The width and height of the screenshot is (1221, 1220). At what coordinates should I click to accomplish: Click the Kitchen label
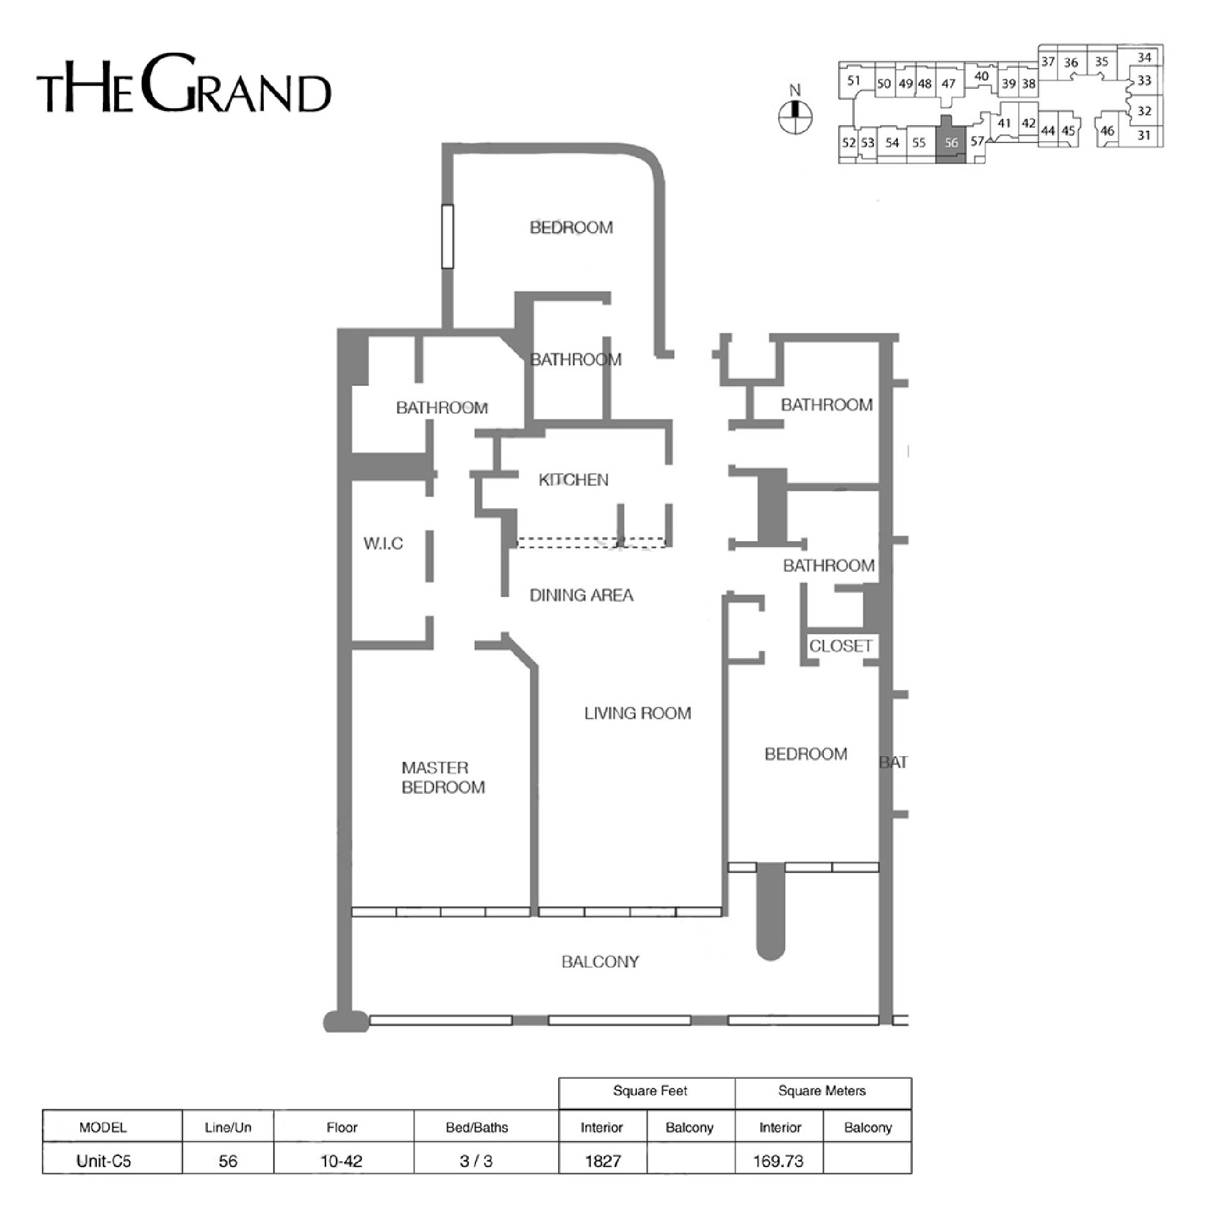[x=573, y=480]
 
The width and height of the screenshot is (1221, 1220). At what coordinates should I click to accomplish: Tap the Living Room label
[x=637, y=713]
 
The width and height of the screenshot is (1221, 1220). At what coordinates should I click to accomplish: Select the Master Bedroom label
[x=443, y=777]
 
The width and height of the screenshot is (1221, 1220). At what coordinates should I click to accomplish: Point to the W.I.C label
[x=383, y=543]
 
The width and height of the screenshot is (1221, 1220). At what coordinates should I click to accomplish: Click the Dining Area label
[x=581, y=595]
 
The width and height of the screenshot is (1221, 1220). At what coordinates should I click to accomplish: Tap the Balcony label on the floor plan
[x=600, y=962]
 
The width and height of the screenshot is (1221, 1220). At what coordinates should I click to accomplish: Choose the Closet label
[x=840, y=645]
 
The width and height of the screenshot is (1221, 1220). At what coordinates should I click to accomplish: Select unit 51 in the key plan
[x=854, y=80]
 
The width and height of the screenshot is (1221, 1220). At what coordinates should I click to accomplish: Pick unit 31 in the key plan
[x=1143, y=135]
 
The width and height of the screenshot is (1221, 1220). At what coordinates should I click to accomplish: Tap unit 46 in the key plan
[x=1107, y=131]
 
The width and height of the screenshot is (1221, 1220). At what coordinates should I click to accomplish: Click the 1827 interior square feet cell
[x=603, y=1161]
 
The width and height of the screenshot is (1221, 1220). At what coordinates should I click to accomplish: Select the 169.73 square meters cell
[x=779, y=1161]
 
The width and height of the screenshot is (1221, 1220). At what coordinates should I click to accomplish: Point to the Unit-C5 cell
[x=104, y=1161]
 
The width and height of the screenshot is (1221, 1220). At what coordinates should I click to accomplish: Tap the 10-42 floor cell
[x=342, y=1161]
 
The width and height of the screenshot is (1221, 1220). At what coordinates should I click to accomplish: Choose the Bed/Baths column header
[x=477, y=1127]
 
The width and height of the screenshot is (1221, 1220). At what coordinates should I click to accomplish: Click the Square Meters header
[x=821, y=1090]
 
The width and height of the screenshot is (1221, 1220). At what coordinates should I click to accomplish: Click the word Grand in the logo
[x=236, y=84]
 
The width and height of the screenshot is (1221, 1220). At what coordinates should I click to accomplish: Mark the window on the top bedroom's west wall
[x=448, y=236]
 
